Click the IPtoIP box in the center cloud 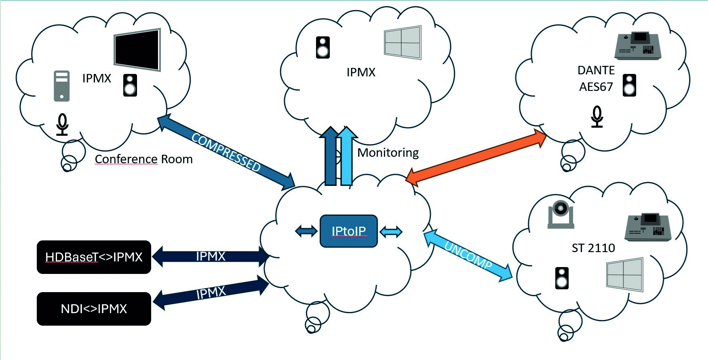(348, 231)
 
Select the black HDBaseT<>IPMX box (94, 257)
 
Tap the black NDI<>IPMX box (94, 309)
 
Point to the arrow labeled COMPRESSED (226, 152)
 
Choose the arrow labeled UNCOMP (468, 255)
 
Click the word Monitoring (388, 153)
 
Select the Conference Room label (143, 159)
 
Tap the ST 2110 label (593, 248)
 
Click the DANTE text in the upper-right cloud (596, 70)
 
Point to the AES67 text (596, 87)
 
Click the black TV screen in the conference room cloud (137, 49)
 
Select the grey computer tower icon (62, 86)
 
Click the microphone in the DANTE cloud (597, 117)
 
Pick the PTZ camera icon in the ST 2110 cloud (560, 214)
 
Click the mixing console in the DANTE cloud (637, 46)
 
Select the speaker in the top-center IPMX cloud (323, 48)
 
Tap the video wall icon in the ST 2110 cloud (624, 274)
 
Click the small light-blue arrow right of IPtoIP (391, 232)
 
